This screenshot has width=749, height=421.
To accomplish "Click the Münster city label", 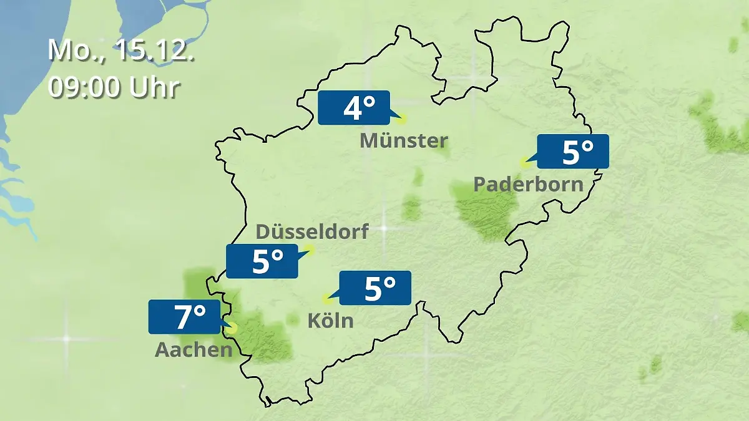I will pyautogui.click(x=404, y=141).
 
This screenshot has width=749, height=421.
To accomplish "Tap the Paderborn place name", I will pyautogui.click(x=529, y=184).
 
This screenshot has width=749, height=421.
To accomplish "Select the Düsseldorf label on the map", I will pyautogui.click(x=312, y=231).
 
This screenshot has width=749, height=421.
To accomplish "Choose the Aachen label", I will pyautogui.click(x=193, y=350).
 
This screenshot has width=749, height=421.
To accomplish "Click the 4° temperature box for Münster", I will pyautogui.click(x=353, y=108).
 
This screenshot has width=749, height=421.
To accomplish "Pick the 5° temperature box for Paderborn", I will pyautogui.click(x=573, y=152).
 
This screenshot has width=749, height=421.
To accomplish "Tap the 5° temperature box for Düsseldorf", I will pyautogui.click(x=262, y=261).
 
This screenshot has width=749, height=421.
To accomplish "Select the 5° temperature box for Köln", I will pyautogui.click(x=374, y=288).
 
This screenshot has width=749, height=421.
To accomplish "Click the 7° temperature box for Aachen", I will pyautogui.click(x=184, y=317).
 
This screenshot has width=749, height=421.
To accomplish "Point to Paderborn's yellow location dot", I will pyautogui.click(x=524, y=163).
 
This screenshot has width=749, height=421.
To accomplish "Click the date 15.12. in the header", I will pyautogui.click(x=154, y=51).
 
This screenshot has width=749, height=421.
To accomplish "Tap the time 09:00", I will pyautogui.click(x=84, y=87).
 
